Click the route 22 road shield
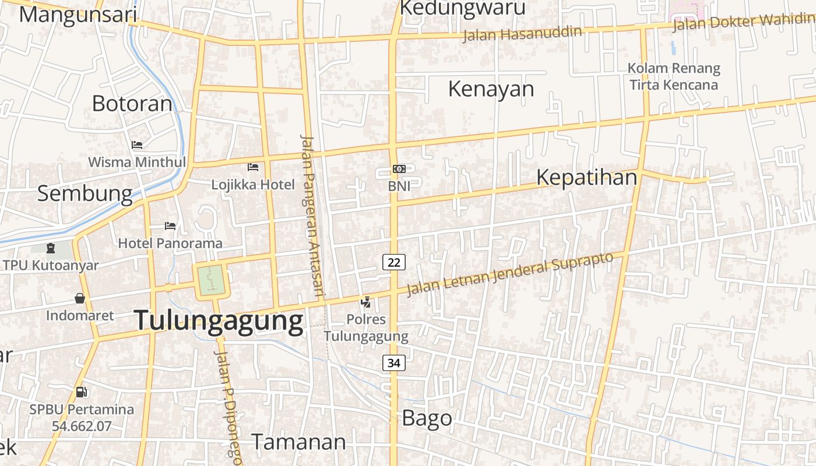[394, 262]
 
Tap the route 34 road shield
[394, 363]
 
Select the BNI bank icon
[399, 168]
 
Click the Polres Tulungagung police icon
[366, 302]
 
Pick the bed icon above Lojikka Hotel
[253, 167]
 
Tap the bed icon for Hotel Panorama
[170, 225]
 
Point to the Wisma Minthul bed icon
[137, 144]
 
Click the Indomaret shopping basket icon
[80, 298]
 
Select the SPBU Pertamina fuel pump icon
[82, 392]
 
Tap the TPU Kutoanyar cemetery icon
[51, 248]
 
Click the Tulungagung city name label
[219, 321]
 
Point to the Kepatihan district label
[586, 177]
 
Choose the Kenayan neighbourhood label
[491, 89]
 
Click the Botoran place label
[132, 103]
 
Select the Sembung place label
[85, 193]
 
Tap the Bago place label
[427, 418]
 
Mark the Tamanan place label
[298, 442]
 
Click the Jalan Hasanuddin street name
[522, 33]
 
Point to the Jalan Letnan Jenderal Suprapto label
[510, 273]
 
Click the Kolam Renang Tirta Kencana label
[674, 76]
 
